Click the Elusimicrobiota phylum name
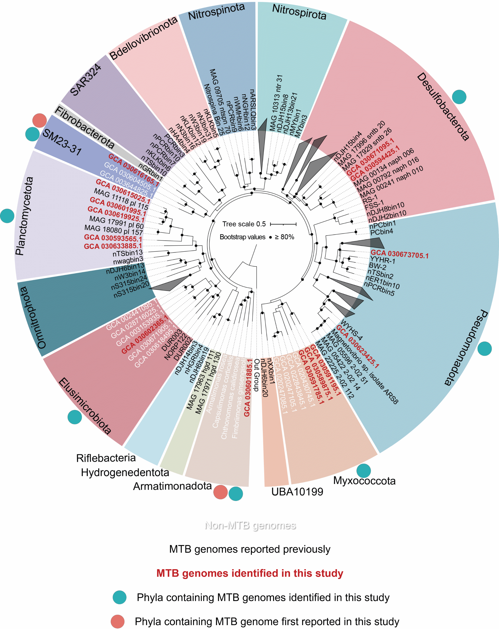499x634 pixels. pyautogui.click(x=85, y=406)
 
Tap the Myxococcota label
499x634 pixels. pyautogui.click(x=364, y=481)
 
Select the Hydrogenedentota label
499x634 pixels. pyautogui.click(x=125, y=472)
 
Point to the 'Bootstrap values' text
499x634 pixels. pyautogui.click(x=242, y=237)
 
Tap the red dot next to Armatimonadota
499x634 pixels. pyautogui.click(x=220, y=492)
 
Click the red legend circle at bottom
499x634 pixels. pyautogui.click(x=117, y=621)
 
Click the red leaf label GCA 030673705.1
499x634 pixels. pyautogui.click(x=399, y=254)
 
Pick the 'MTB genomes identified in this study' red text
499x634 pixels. pyautogui.click(x=250, y=573)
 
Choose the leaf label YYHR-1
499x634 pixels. pyautogui.click(x=383, y=260)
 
